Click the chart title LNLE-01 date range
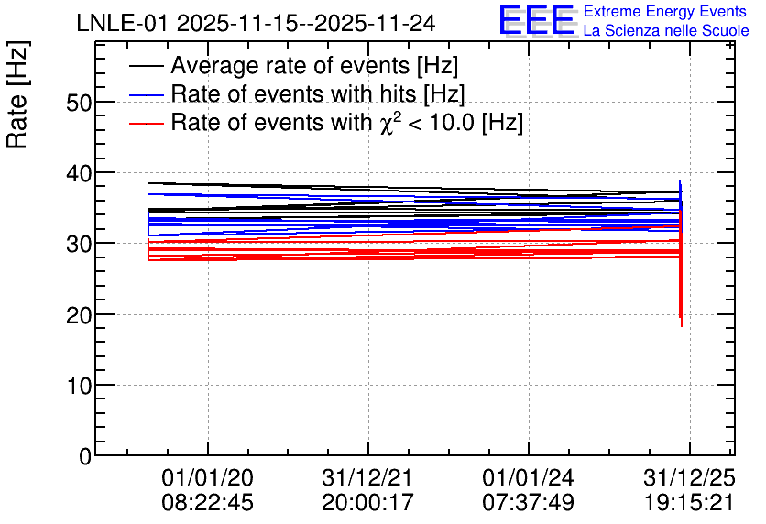pos(256,23)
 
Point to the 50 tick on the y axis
pos(80,103)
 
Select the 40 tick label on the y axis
pos(80,173)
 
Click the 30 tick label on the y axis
pos(80,244)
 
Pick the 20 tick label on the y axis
pos(80,314)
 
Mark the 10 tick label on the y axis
pos(80,385)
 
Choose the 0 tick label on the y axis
pos(85,455)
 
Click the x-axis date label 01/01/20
pos(207,478)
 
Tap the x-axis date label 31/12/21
pos(367,478)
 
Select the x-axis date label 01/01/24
pos(528,478)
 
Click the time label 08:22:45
pos(207,503)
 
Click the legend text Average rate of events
pos(314,66)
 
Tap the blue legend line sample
pos(147,94)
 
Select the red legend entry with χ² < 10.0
pos(346,122)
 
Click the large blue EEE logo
pos(538,20)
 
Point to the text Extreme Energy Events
pos(664,12)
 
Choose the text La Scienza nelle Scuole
pos(666,31)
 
